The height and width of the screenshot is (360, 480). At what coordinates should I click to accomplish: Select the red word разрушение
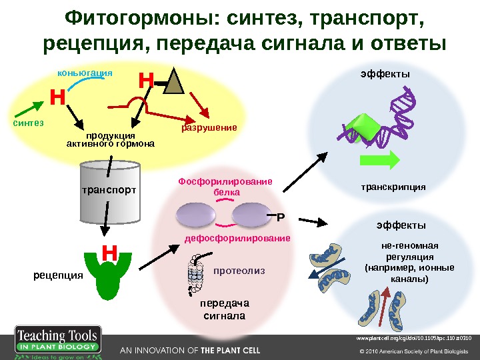pos(209,126)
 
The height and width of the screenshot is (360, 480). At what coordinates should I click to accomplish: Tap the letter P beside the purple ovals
pos(280,217)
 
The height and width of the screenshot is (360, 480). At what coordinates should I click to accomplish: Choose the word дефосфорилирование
pos(237,238)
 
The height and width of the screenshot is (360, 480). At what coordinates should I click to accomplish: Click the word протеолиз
pos(239,271)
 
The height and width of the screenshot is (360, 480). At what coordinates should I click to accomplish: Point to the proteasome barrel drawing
pos(195,276)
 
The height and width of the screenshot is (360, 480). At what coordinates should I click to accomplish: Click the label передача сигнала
pos(223,309)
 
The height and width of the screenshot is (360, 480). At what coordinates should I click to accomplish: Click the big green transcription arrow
pos(379,161)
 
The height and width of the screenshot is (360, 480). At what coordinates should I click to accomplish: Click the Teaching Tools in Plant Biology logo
pos(57,342)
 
